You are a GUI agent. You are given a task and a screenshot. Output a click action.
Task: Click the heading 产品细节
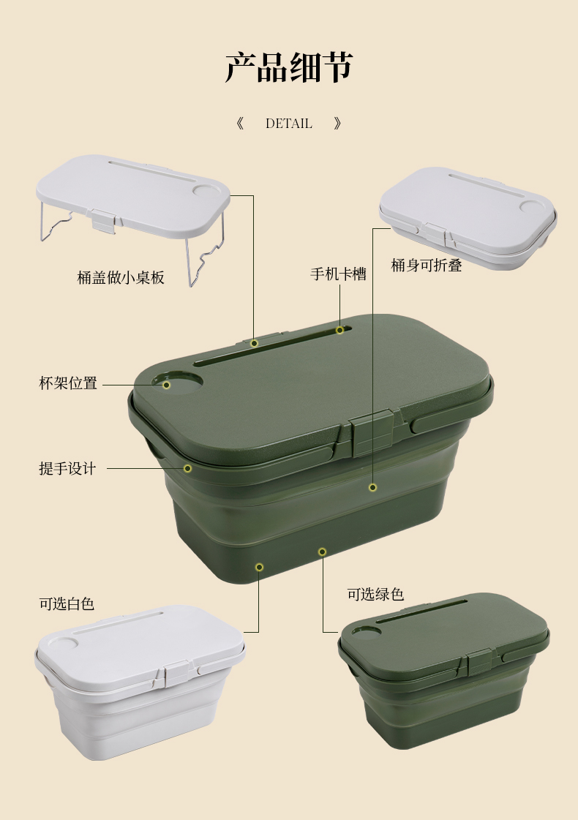[289, 67]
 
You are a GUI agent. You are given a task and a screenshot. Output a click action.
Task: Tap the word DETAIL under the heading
[289, 124]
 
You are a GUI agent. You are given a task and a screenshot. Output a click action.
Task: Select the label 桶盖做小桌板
[121, 277]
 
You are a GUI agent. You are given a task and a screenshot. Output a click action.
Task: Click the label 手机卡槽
[339, 274]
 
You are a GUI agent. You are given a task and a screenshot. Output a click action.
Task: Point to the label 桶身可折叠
[427, 265]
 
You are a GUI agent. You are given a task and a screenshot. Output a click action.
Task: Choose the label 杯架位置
[68, 383]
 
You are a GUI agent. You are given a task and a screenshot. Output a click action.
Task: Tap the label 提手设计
[67, 468]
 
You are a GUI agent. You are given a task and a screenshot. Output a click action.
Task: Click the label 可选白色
[67, 604]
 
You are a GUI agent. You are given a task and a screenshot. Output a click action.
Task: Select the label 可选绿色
[375, 594]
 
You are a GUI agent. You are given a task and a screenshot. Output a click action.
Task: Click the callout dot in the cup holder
[166, 385]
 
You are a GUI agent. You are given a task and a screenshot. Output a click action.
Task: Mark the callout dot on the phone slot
[340, 330]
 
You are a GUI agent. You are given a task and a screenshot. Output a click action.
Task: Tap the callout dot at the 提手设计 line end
[187, 469]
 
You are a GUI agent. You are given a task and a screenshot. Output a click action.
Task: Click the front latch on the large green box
[372, 433]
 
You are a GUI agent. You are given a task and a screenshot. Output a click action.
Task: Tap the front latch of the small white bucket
[178, 676]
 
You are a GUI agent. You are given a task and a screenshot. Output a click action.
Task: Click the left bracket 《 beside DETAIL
[240, 124]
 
